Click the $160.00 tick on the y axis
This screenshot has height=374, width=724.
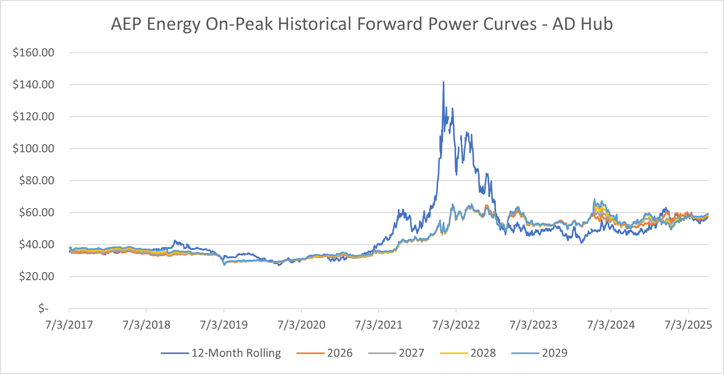[33, 53]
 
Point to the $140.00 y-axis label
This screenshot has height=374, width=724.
[33, 85]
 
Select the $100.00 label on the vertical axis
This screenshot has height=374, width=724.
[33, 149]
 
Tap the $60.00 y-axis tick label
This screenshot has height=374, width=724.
[36, 213]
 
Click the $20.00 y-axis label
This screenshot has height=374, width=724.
[36, 277]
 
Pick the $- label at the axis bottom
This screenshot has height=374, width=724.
[43, 308]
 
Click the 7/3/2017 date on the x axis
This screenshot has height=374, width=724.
[69, 325]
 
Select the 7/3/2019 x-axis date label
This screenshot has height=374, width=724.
[224, 325]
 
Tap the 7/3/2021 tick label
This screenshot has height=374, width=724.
[379, 325]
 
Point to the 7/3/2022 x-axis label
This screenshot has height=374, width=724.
[456, 325]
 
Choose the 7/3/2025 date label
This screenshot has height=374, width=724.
[688, 325]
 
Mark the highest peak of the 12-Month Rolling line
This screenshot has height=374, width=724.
[443, 82]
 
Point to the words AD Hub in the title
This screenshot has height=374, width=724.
[582, 24]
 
